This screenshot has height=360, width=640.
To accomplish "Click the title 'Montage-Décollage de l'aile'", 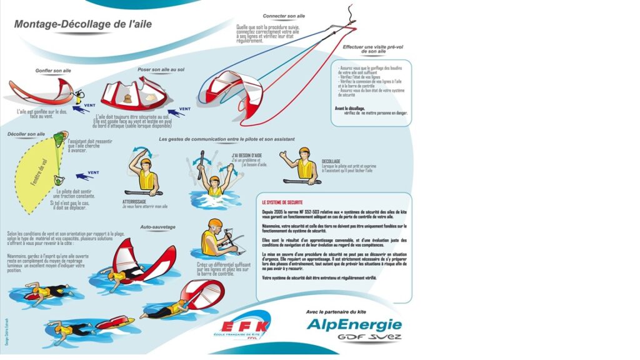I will click(82, 24).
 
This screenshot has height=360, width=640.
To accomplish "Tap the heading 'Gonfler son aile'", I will click(53, 71).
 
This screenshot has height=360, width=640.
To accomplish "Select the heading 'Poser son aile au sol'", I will click(161, 69).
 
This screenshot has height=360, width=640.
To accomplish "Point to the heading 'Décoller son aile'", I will click(26, 134).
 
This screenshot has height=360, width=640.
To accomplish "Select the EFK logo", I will click(246, 326).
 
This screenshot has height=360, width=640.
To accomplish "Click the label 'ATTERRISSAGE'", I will click(134, 201).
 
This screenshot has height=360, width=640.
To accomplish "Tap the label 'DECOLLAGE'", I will click(331, 161).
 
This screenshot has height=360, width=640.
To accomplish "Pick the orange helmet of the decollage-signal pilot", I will click(304, 152).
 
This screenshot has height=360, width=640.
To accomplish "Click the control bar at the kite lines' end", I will click(344, 25).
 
